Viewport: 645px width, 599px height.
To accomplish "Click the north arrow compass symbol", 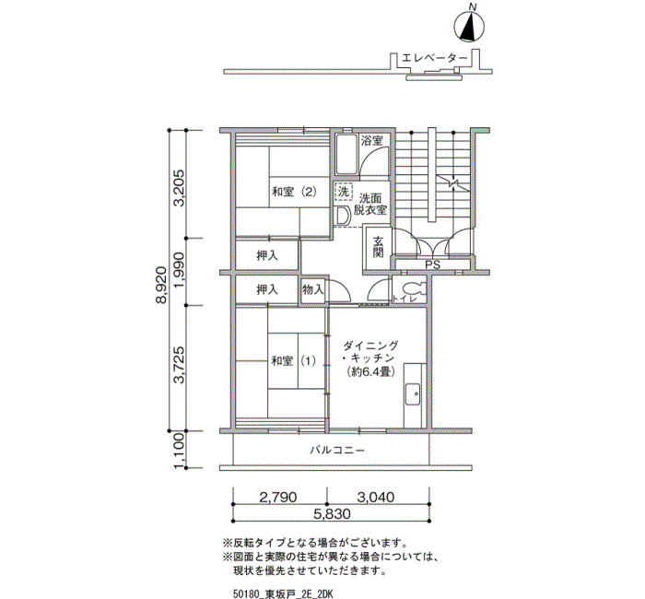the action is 469,27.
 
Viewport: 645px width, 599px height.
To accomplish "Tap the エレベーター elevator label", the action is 434,58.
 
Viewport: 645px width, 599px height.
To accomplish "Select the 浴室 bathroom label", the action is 372,141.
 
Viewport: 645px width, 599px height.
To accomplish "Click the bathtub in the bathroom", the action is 346,154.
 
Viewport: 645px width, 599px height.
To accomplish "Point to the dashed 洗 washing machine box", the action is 343,192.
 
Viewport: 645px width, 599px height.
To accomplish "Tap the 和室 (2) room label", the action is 294,192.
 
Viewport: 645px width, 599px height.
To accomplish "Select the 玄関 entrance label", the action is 378,246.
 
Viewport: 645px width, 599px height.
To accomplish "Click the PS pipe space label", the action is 432,265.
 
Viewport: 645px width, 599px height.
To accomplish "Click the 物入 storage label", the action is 313,289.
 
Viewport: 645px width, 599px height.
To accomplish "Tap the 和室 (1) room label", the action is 294,361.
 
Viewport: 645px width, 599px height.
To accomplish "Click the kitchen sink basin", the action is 413,394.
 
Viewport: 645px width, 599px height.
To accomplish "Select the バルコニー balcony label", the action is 337,450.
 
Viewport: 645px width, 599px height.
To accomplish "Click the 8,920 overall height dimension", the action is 161,284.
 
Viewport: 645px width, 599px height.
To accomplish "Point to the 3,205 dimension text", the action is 179,187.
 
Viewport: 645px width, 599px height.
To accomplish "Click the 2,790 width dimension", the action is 278,497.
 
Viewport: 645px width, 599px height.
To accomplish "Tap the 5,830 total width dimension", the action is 332,513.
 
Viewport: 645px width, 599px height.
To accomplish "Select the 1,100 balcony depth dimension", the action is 179,450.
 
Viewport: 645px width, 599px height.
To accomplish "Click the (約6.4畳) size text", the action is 371,371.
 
